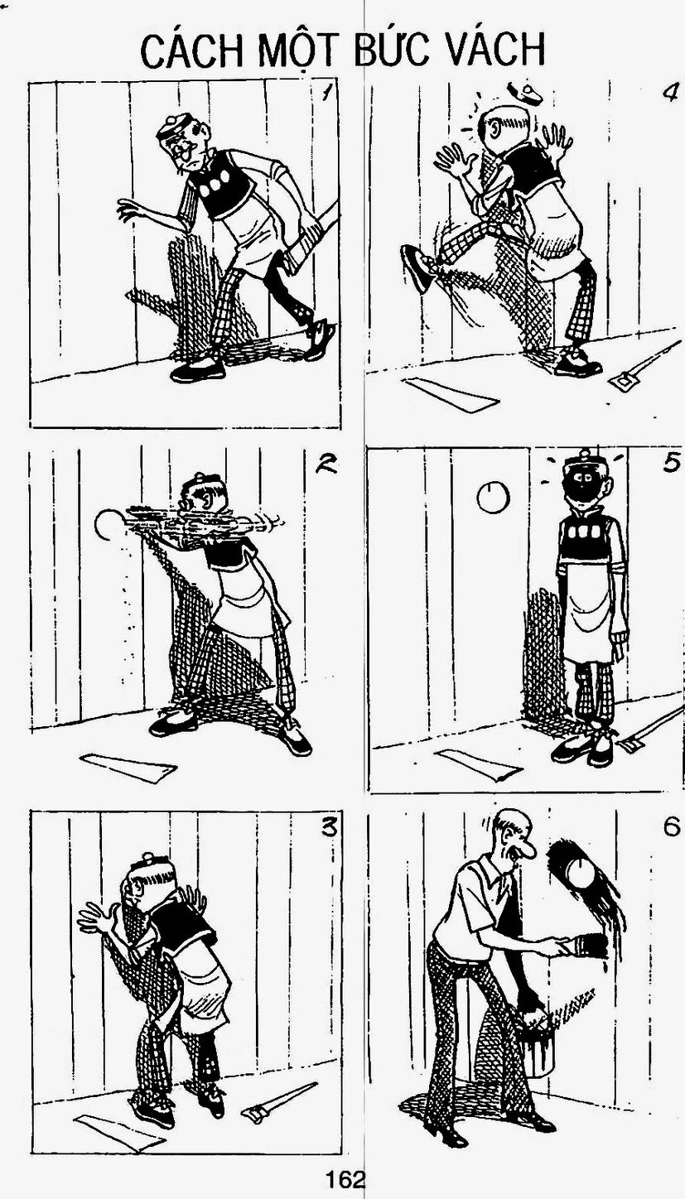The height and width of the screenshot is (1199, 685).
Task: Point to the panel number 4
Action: (668, 92)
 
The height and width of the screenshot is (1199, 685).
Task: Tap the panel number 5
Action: (671, 462)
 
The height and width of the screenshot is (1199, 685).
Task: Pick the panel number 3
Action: (328, 828)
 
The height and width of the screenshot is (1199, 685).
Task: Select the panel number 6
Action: (671, 828)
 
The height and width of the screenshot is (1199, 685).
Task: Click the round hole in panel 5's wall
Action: (493, 497)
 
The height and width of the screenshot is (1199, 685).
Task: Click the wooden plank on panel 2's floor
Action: (128, 768)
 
